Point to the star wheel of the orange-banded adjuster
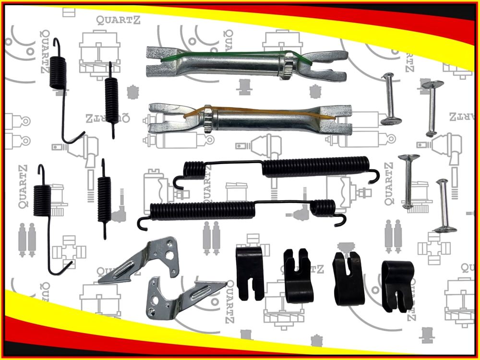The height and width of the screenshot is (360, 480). [x=208, y=119]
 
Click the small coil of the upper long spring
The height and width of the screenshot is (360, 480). [x=194, y=170]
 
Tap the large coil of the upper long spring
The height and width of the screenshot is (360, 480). [x=316, y=167]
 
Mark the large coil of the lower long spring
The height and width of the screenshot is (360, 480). [x=203, y=211]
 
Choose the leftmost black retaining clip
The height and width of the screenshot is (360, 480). [x=250, y=273]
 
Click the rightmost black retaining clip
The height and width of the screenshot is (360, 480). [x=397, y=286]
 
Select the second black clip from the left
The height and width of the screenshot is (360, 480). [x=298, y=276]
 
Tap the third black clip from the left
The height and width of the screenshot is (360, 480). [x=348, y=278]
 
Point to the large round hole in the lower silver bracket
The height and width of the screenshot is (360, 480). [x=155, y=300]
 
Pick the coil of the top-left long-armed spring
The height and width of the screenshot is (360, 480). [x=58, y=73]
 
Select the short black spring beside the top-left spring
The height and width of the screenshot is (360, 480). [x=111, y=100]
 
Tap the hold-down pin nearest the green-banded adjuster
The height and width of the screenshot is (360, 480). [x=390, y=98]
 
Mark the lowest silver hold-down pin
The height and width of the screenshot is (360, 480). [x=444, y=206]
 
